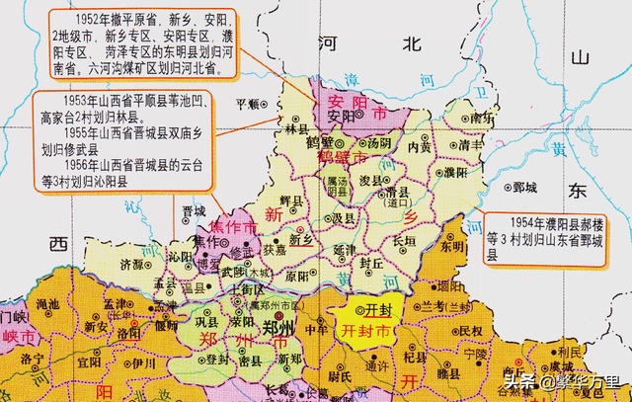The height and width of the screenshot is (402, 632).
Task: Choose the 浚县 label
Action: tap(370, 182)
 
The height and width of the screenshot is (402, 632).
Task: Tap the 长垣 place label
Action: tap(404, 239)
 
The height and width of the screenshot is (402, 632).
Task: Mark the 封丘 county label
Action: tap(371, 264)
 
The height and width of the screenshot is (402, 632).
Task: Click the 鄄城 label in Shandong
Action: tap(524, 186)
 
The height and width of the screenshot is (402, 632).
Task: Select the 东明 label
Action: tap(451, 247)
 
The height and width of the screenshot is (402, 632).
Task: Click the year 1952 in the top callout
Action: tap(88, 19)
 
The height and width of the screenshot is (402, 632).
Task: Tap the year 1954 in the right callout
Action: tap(513, 223)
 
